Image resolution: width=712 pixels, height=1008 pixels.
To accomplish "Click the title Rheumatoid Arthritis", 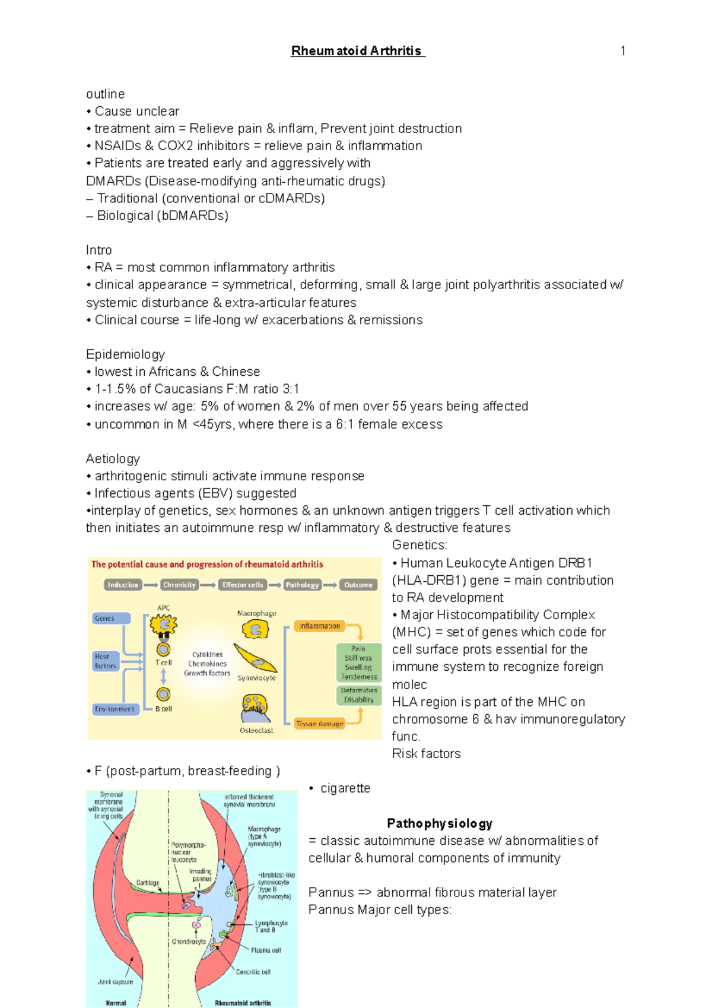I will click(357, 51).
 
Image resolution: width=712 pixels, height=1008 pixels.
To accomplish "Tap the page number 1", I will click(622, 51).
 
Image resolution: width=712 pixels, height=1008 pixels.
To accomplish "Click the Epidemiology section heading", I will click(125, 354).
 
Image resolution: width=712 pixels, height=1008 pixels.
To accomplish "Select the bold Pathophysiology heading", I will click(439, 823).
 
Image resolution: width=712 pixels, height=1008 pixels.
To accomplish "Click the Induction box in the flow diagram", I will click(123, 585).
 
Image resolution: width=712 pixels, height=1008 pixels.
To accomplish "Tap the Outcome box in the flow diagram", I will click(358, 585).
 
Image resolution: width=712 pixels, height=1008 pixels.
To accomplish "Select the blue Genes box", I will click(111, 618).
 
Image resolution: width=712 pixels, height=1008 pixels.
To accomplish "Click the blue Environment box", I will click(115, 709).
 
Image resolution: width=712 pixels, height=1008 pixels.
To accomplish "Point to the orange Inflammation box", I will click(319, 626).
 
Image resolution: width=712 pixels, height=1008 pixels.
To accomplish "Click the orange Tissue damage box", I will click(319, 724).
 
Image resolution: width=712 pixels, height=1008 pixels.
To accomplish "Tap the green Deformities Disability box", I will click(358, 695).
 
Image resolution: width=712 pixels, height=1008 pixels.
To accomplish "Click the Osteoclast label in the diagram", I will click(256, 730).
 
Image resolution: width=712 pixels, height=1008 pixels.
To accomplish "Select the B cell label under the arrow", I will click(163, 709).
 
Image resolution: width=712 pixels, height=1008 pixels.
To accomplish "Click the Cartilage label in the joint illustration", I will click(148, 883).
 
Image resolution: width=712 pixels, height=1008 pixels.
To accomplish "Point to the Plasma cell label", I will click(265, 950).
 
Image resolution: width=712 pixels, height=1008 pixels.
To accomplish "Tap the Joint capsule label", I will click(115, 982).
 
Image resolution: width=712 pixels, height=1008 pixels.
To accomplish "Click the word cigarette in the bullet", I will click(345, 788).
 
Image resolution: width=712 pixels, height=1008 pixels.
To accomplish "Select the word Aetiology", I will click(113, 459).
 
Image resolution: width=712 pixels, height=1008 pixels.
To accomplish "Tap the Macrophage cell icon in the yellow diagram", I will click(256, 629).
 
